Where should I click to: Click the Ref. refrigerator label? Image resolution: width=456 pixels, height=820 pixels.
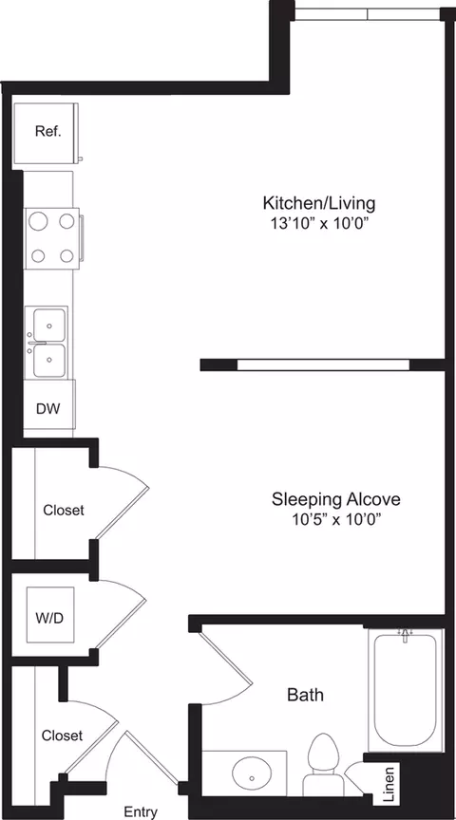(x=47, y=132)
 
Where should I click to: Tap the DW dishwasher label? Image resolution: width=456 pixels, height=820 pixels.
(x=47, y=409)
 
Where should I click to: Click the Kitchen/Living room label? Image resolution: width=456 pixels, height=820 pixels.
(x=319, y=203)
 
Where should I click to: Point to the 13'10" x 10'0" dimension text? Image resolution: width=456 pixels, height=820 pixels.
(x=319, y=224)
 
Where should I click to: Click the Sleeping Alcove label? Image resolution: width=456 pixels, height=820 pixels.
(x=335, y=499)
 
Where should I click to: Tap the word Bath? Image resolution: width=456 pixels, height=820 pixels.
(x=305, y=695)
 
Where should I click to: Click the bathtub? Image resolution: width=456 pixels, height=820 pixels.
(x=405, y=687)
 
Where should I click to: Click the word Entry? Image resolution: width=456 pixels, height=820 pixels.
(x=141, y=811)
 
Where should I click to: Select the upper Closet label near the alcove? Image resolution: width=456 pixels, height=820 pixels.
(x=63, y=510)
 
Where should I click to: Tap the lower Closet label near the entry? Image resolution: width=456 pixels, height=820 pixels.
(x=62, y=736)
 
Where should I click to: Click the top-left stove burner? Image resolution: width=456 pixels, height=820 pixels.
(x=39, y=221)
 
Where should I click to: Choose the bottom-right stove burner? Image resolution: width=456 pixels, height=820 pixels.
(x=66, y=254)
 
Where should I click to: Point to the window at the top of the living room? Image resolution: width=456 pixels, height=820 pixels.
(x=369, y=13)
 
